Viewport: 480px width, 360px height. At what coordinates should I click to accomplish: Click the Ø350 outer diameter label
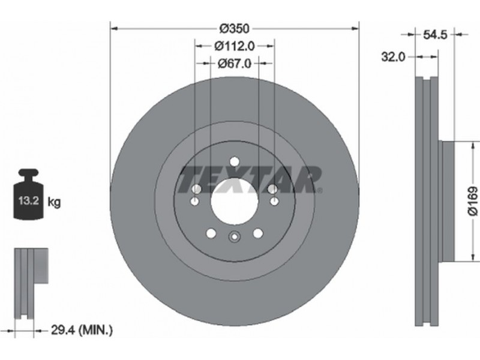235,28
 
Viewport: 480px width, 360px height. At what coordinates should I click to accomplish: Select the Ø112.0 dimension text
235,46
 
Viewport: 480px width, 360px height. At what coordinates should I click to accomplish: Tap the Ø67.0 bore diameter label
234,64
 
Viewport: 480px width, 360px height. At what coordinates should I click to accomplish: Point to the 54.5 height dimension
435,35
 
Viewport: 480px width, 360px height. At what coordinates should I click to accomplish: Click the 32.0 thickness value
393,56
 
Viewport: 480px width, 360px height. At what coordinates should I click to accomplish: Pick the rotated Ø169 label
473,202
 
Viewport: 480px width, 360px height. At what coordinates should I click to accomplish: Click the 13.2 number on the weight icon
28,201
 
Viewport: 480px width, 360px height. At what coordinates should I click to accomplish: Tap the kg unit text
54,202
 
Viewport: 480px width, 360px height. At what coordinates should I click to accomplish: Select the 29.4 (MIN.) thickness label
81,330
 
